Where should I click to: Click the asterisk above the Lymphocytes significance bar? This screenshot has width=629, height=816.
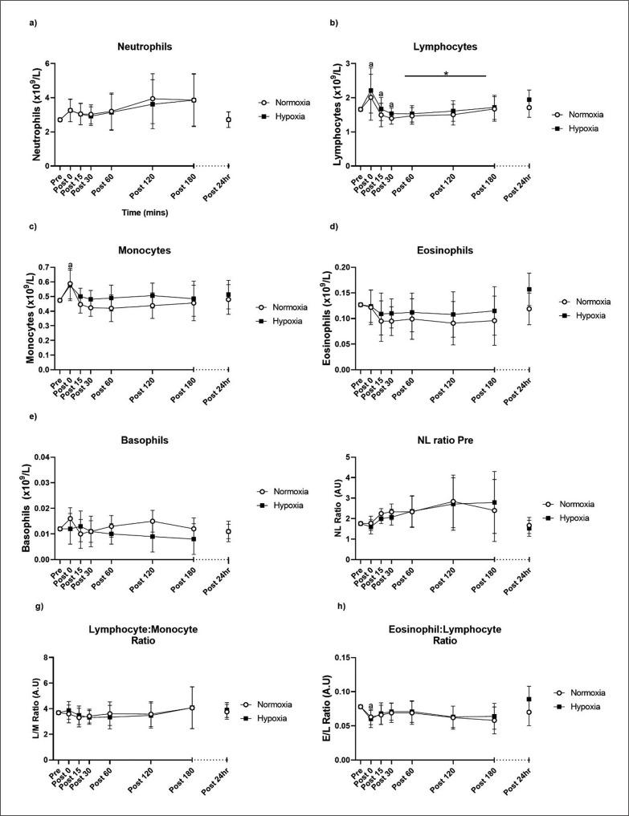click(445, 69)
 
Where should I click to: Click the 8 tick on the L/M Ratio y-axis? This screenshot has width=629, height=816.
click(47, 657)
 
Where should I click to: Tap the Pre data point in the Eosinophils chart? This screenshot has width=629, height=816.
click(360, 304)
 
